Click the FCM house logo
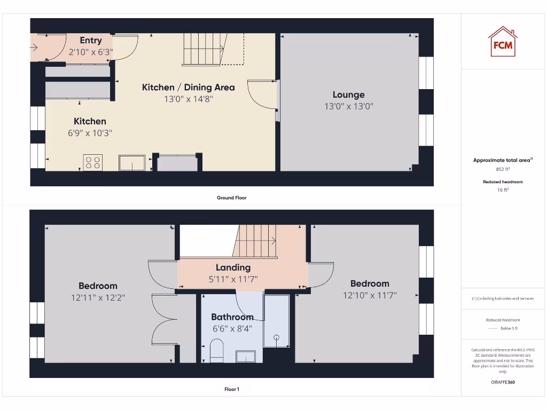[x=502, y=42]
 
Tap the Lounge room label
[x=348, y=95]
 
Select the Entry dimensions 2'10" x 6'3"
[x=91, y=52]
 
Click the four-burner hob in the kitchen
[x=92, y=162]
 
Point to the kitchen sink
[x=132, y=163]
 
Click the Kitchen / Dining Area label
[x=188, y=87]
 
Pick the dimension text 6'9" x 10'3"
[x=90, y=133]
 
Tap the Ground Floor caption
[x=231, y=198]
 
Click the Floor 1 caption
[x=231, y=389]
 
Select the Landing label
[x=233, y=267]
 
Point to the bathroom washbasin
[x=246, y=356]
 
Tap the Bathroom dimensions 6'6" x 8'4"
[x=232, y=328]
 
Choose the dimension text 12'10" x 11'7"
[x=370, y=295]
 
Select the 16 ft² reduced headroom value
[x=503, y=190]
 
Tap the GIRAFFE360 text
[x=503, y=382]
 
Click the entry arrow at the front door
[x=34, y=48]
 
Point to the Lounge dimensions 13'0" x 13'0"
[x=348, y=106]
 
